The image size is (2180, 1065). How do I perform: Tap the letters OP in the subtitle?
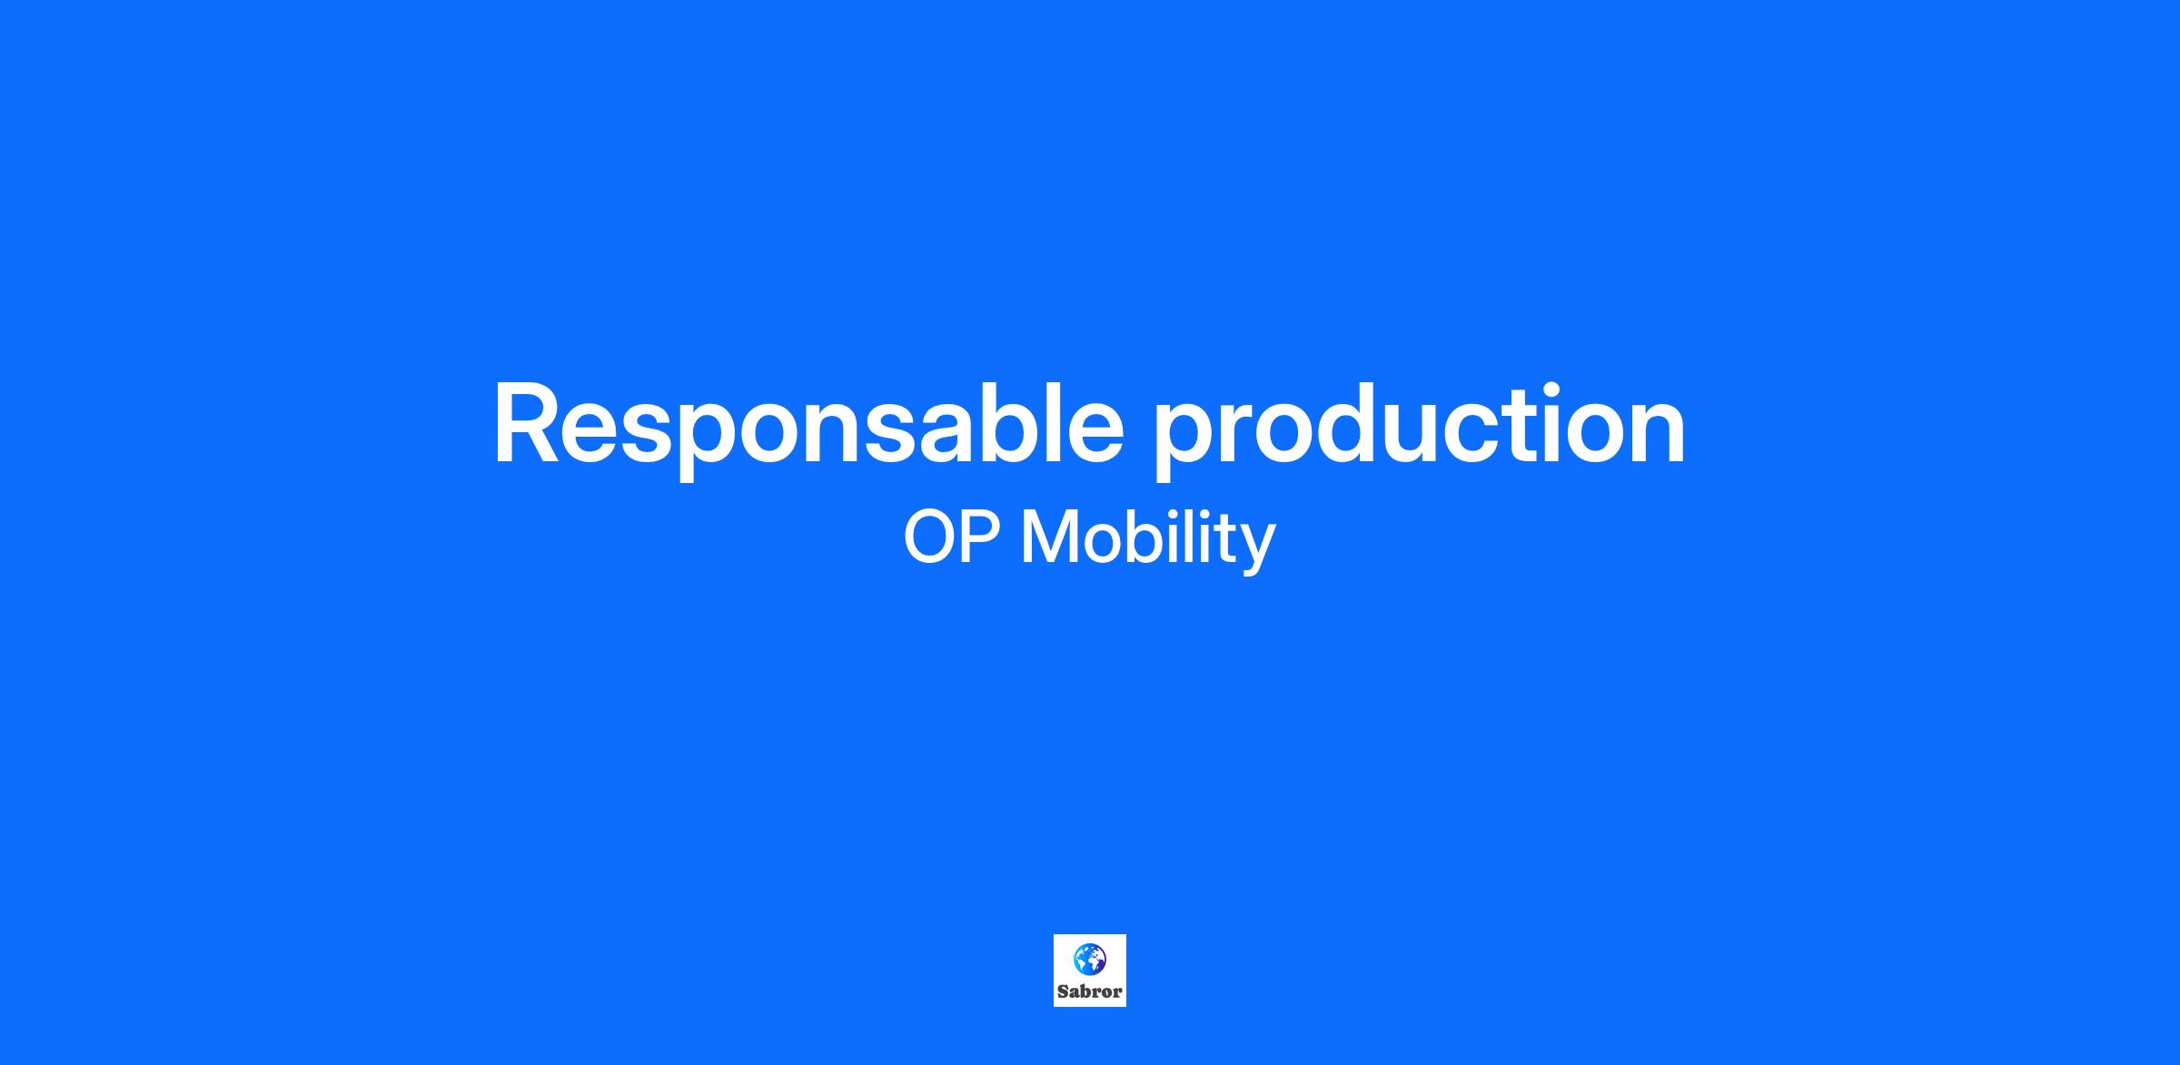pos(952,537)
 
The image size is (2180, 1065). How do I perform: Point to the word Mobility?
pos(1149,541)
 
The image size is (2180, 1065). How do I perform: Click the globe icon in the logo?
pos(1090,959)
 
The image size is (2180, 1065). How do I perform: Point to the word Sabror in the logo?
pos(1090,991)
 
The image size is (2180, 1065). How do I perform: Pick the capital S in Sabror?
pos(1063,991)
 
